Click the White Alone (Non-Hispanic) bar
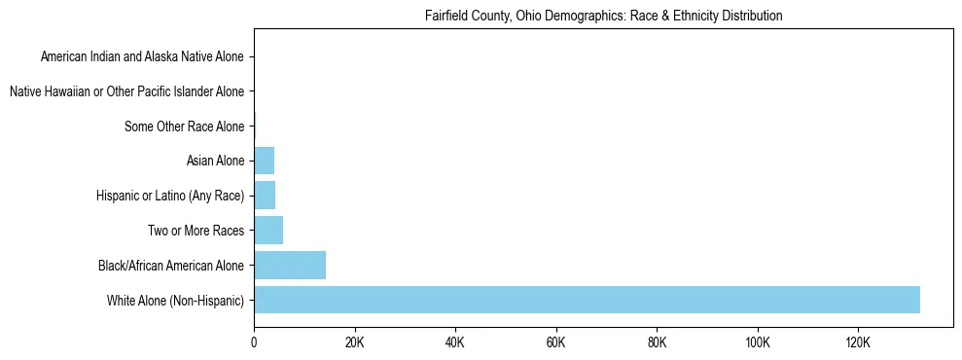tap(587, 300)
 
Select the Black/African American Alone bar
tap(290, 266)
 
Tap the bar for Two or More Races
tap(268, 231)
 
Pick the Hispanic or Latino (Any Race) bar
tap(265, 196)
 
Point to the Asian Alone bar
tap(264, 161)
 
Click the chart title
tap(603, 17)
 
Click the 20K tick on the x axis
tap(354, 343)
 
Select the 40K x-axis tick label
tap(455, 343)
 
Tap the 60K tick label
tap(556, 343)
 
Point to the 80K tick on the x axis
tap(657, 343)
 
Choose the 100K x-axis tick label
tap(758, 343)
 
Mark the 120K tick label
tap(858, 343)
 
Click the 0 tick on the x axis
tap(254, 343)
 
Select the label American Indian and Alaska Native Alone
tap(142, 56)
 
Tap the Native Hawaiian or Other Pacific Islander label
tap(126, 91)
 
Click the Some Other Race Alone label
tap(185, 126)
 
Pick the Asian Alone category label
tap(215, 161)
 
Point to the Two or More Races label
tap(196, 231)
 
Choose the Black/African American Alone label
tap(171, 266)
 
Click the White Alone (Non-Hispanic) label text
tap(176, 300)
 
